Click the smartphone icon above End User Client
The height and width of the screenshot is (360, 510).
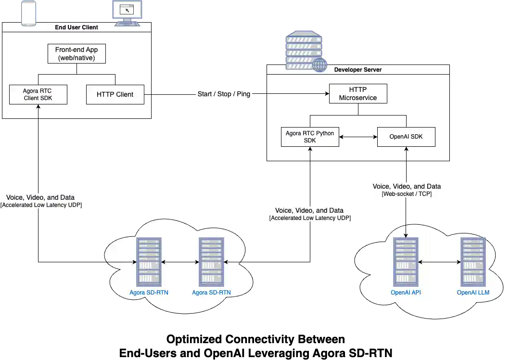point(28,13)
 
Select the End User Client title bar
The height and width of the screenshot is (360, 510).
point(77,27)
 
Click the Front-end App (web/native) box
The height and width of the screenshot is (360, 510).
point(76,54)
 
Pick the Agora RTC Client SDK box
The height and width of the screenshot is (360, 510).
point(38,94)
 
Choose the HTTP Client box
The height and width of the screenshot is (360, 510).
point(115,94)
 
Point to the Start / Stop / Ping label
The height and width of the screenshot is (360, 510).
point(224,94)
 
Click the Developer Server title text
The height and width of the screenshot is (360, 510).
point(358,70)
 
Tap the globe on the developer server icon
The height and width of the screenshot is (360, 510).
point(319,65)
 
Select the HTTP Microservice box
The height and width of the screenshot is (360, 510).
point(357,93)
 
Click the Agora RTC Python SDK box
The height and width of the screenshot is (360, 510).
point(310,137)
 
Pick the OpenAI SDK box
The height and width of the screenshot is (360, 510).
point(406,137)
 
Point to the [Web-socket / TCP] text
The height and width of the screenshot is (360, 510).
point(407,194)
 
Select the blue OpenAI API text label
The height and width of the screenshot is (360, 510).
point(406,293)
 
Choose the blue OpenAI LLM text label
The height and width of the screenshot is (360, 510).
point(472,293)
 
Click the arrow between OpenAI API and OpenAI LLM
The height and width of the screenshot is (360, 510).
point(439,262)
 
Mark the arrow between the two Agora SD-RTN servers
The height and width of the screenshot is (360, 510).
point(180,262)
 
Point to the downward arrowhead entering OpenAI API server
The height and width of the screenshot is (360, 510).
point(406,235)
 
